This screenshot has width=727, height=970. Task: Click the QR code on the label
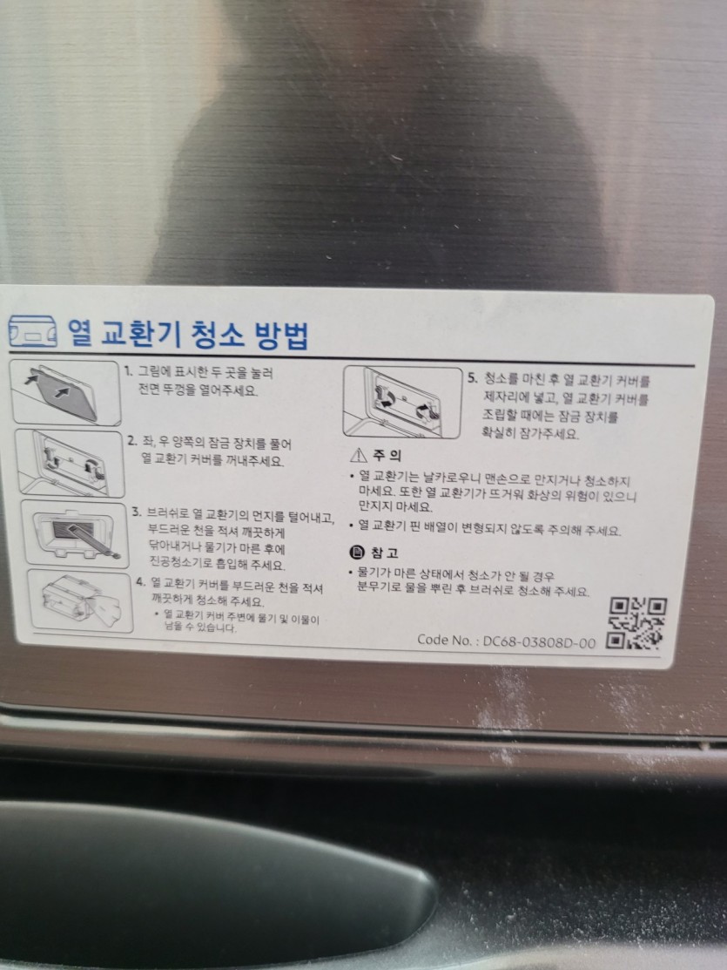636,623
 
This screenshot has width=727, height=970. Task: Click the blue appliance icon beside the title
33,331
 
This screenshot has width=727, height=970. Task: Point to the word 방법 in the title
281,335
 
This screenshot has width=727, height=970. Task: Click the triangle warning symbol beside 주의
358,455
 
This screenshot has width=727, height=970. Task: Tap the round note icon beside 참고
357,552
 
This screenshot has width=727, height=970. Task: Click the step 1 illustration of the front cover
65,393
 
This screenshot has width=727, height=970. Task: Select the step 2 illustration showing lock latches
70,464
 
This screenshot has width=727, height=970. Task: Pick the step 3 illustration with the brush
75,534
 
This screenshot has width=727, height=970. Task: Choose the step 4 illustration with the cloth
80,601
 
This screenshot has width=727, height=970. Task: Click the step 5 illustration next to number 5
402,402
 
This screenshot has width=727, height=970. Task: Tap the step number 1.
128,371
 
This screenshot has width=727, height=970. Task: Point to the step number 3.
137,512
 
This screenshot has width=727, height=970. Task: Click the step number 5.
472,377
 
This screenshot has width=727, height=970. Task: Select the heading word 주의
387,455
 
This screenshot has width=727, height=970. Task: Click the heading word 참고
384,553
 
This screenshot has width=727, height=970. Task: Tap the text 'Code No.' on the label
445,640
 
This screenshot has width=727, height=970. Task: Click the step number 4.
141,581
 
